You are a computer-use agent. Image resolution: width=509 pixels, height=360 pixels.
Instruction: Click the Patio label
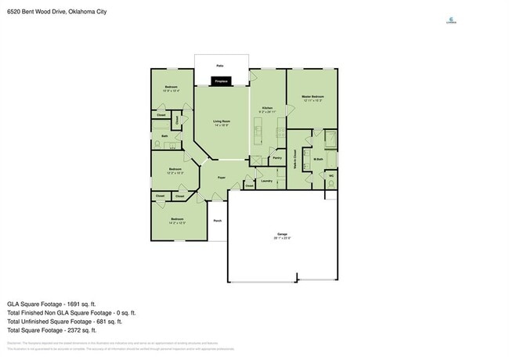[221, 67]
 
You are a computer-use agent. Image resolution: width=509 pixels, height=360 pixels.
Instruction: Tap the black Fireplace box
[222, 81]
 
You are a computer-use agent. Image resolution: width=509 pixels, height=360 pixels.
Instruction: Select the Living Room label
[222, 121]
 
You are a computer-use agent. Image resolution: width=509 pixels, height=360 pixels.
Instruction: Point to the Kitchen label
[267, 107]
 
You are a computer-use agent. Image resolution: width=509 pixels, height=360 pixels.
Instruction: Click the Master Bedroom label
[312, 97]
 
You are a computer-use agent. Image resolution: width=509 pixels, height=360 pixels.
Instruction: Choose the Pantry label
[277, 158]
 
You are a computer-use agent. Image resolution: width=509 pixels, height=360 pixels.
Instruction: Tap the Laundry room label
[266, 182]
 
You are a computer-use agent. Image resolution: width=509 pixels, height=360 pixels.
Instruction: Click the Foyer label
[222, 178]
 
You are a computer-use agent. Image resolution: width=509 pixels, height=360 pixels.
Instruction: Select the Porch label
[217, 221]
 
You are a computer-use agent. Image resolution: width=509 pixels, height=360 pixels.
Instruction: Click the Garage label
[283, 234]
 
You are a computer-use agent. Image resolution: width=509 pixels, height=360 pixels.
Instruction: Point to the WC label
[331, 175]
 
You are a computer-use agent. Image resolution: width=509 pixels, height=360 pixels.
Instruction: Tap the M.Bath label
[319, 160]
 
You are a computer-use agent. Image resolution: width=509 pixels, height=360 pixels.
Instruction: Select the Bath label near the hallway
[164, 136]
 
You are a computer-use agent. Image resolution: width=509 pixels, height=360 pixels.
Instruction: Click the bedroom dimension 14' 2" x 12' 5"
[177, 223]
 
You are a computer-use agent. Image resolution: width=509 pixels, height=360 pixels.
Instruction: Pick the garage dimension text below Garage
[283, 239]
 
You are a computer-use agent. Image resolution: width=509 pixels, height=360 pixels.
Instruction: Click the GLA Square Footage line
[51, 303]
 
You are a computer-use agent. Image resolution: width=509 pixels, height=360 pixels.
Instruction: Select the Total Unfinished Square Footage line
[64, 321]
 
